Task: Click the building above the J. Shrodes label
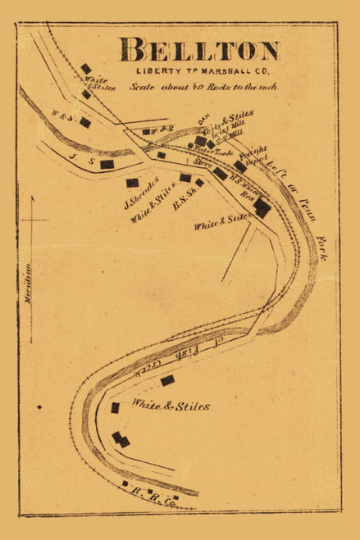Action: point(132,182)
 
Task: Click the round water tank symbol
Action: point(191,146)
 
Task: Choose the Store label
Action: point(203,163)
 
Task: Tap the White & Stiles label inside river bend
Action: point(171,406)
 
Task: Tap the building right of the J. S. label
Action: point(107,164)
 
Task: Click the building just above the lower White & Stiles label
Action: point(167,380)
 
